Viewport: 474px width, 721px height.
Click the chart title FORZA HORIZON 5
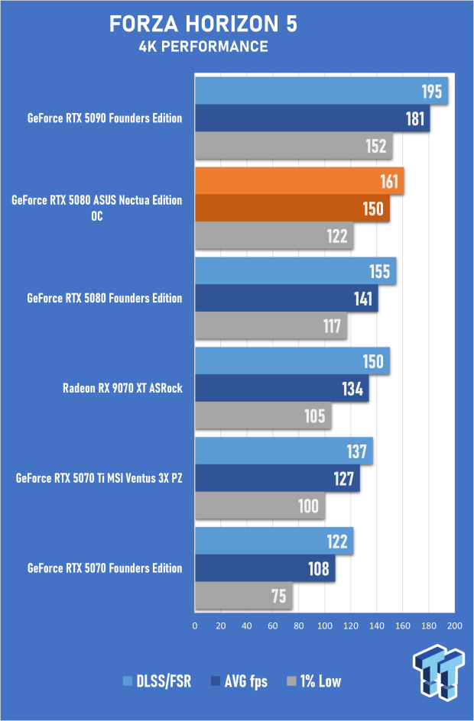coord(203,24)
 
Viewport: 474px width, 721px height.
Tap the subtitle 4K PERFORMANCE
coord(203,47)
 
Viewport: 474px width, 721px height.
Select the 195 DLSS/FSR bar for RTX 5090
coord(321,92)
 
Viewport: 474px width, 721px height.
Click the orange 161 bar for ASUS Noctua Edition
coord(299,182)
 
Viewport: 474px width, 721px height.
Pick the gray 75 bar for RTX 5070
coord(244,596)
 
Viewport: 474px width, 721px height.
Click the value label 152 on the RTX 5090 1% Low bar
coord(376,146)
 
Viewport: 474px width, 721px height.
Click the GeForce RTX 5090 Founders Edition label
coord(104,118)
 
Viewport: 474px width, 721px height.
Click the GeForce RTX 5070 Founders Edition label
coord(104,568)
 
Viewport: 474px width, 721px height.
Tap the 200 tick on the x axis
coord(454,626)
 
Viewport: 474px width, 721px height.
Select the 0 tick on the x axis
coord(195,626)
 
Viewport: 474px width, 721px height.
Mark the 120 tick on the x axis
coord(350,626)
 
